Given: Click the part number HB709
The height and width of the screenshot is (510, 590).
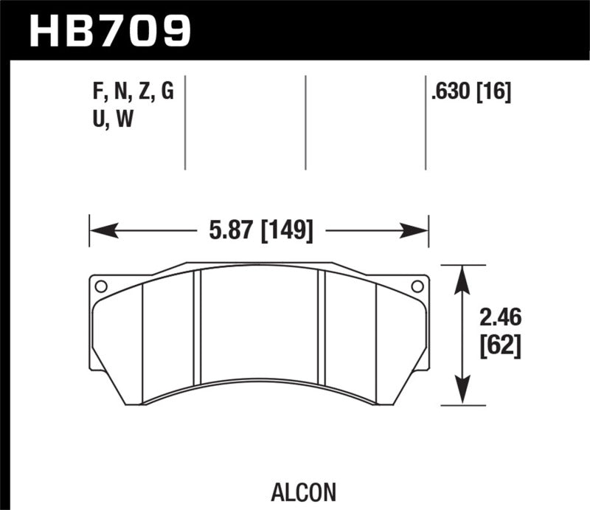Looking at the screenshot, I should point(109,30).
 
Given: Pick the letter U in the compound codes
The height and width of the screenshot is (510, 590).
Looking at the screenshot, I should point(93,120).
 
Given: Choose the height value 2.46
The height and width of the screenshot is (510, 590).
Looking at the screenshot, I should point(500,318).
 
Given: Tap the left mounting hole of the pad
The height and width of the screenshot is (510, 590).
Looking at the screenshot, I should point(101,286).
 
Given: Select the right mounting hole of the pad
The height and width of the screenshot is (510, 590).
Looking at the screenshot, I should point(417,286).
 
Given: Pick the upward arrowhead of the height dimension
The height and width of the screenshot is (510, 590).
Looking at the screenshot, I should point(462,278).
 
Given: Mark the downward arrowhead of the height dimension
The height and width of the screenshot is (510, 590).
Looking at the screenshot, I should point(462,392).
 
